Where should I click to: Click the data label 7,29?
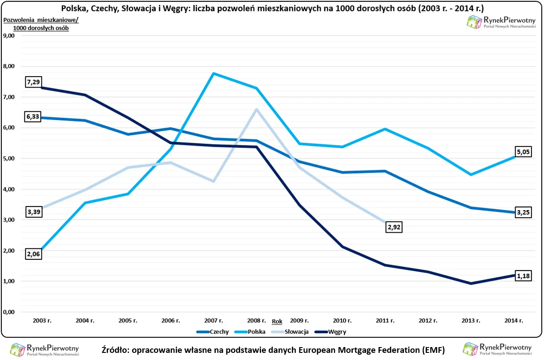click(x=35, y=82)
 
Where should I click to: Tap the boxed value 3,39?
click(x=35, y=212)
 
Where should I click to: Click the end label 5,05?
click(x=523, y=151)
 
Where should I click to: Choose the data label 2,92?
click(x=394, y=227)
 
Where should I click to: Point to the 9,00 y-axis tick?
click(x=9, y=36)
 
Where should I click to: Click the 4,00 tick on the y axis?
click(x=9, y=189)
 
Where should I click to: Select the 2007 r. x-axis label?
click(x=214, y=320)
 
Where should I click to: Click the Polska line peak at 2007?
click(x=214, y=73)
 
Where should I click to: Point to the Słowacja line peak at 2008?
click(x=257, y=109)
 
